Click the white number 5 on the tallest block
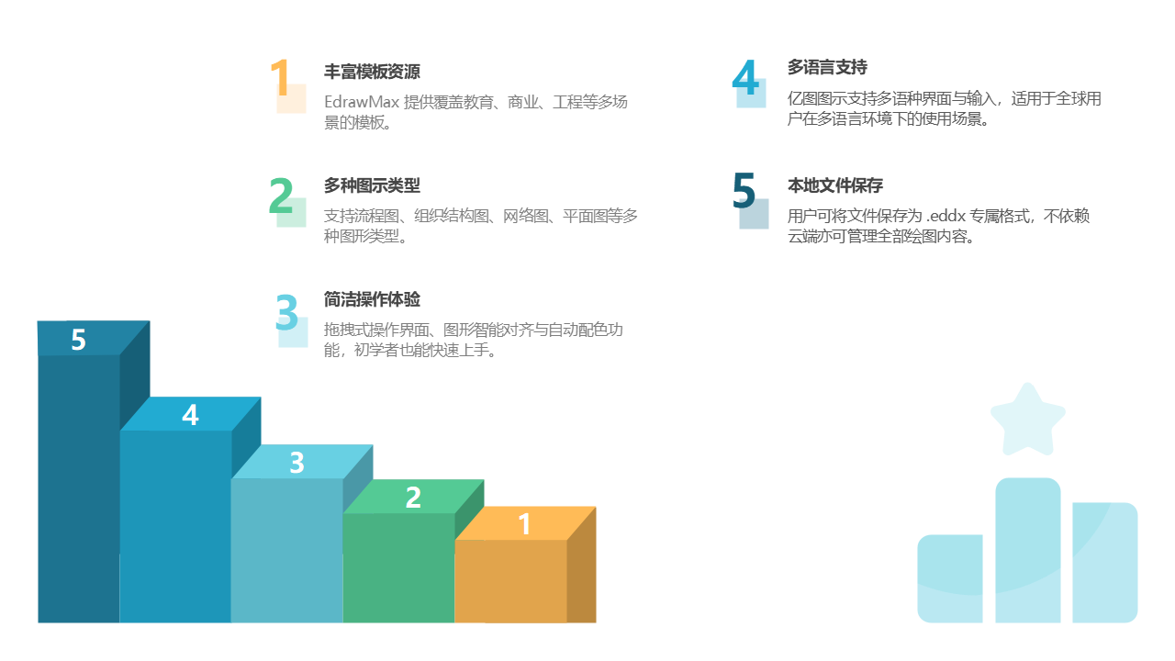[x=78, y=340]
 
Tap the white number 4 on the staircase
[x=190, y=415]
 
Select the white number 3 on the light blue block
[x=297, y=463]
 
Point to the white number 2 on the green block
[x=413, y=498]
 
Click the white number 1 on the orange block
[x=524, y=524]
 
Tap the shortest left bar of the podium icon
[x=950, y=578]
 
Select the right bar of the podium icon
[x=1105, y=562]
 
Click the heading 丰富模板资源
[x=372, y=72]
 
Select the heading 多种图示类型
[x=372, y=185]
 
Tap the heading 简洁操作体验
[x=372, y=299]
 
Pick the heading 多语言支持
[x=827, y=68]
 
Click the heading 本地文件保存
[x=835, y=185]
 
